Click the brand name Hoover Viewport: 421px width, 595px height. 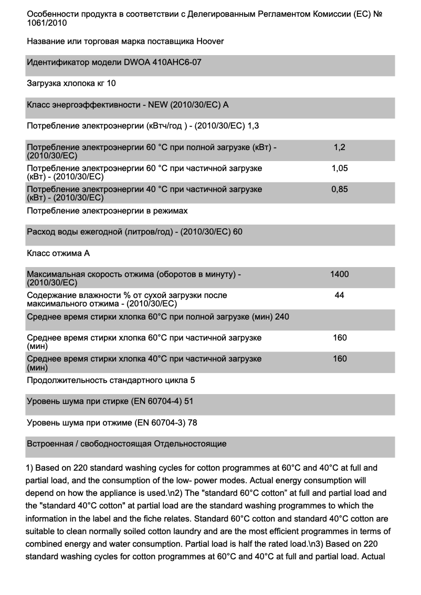210,41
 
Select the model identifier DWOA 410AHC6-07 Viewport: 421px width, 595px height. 162,62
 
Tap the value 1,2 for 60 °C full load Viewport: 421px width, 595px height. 340,148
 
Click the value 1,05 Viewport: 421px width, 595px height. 340,168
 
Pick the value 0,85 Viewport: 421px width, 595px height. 340,189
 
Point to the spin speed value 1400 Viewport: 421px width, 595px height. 340,274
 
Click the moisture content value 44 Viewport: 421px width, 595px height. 340,295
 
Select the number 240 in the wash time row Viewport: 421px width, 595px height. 282,316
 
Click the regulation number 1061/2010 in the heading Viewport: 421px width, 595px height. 47,23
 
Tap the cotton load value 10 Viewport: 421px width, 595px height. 111,83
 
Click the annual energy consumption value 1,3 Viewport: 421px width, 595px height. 253,126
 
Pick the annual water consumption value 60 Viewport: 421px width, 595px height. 237,231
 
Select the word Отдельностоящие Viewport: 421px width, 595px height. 190,444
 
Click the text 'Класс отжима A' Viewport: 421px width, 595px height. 58,253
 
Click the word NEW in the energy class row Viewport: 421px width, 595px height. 159,105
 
